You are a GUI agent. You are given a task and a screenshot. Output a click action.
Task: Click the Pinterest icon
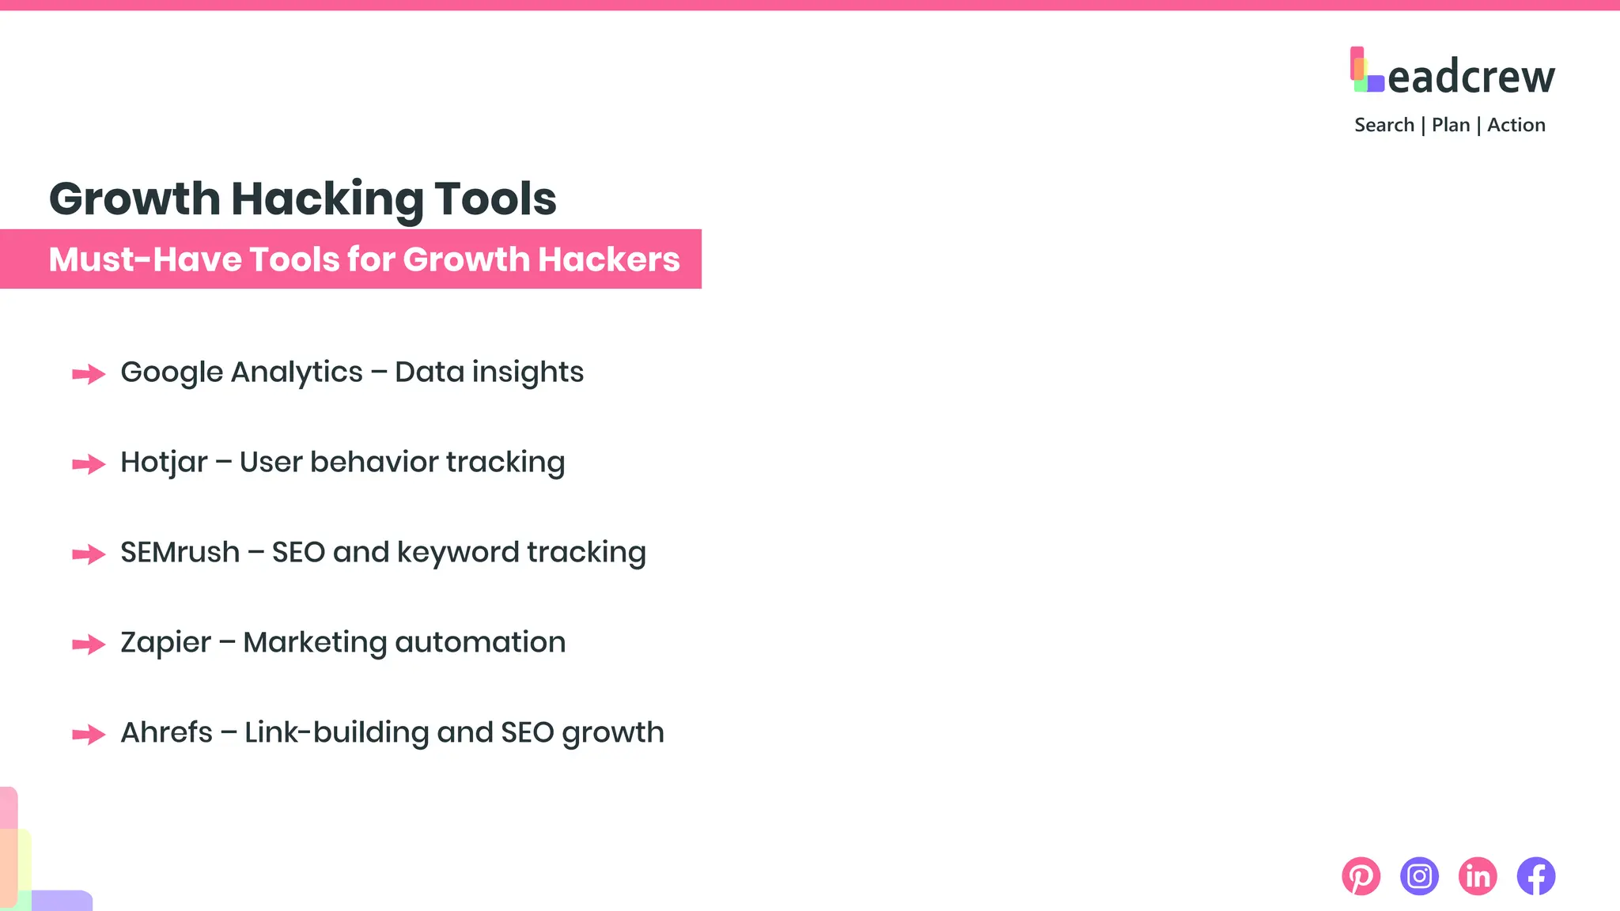click(1361, 876)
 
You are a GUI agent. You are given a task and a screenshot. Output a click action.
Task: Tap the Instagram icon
click(1419, 876)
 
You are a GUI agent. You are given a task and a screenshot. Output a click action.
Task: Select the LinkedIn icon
click(1478, 876)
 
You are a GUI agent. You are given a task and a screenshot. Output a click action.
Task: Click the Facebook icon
click(1536, 876)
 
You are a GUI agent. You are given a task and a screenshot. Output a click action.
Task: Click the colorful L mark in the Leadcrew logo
click(1366, 70)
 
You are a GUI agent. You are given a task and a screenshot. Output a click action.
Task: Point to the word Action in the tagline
click(1516, 125)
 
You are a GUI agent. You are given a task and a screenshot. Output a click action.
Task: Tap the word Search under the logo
click(1384, 125)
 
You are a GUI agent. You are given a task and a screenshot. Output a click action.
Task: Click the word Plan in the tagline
click(1451, 125)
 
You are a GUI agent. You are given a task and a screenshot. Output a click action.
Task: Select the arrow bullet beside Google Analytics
click(89, 373)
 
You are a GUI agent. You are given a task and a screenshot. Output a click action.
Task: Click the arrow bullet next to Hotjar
click(89, 463)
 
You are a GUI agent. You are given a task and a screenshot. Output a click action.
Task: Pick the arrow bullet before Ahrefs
click(89, 734)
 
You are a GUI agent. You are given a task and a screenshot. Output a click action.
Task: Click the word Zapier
click(165, 643)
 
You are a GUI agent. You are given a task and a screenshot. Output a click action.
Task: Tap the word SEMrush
click(180, 552)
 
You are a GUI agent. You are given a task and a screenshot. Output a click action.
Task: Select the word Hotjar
click(164, 463)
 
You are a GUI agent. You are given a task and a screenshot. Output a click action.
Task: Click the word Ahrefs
click(166, 732)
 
